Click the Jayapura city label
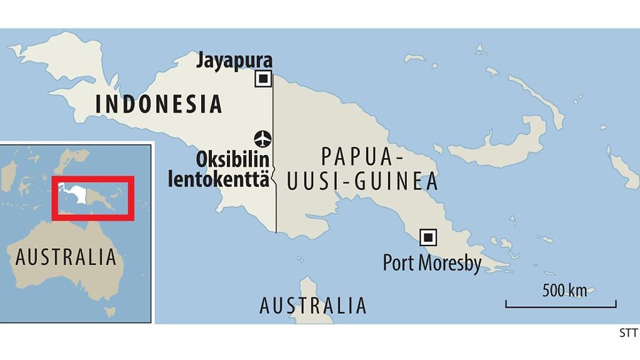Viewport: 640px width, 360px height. pos(235,61)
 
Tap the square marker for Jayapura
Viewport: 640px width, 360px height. pos(263,79)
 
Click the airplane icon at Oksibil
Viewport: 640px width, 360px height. pos(263,137)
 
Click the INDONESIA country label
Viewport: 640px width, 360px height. pos(158,104)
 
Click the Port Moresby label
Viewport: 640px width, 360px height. pos(432,262)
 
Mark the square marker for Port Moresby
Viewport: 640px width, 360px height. pos(428,237)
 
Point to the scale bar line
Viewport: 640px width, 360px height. pos(561,307)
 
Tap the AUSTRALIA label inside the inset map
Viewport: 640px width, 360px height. pos(66,257)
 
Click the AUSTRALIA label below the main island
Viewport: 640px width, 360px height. pos(312,306)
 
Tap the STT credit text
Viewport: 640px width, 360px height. pos(627,333)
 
